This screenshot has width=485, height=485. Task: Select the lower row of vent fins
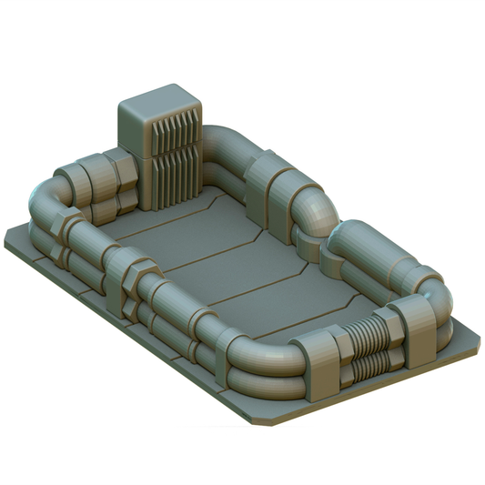coord(177,177)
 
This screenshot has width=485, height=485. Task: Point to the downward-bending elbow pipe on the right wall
coord(315,215)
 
